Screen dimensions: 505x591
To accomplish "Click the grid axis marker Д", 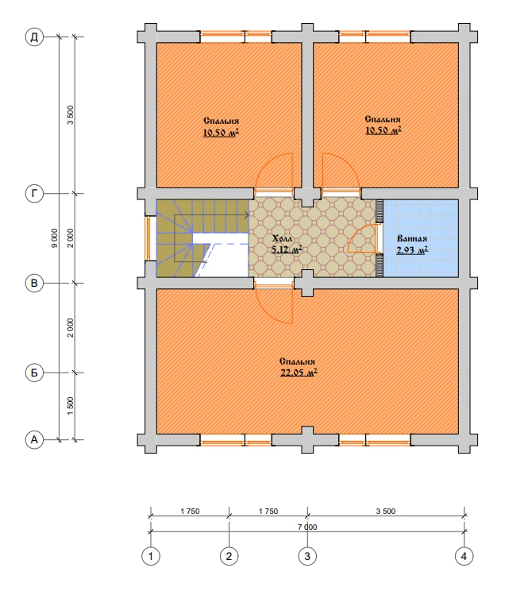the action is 34,37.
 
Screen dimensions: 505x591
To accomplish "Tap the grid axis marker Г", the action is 34,194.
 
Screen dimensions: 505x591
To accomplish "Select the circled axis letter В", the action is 34,283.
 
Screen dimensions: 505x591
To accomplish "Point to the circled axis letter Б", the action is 34,373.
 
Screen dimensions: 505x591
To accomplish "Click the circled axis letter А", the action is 34,439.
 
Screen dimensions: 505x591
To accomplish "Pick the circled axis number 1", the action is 151,556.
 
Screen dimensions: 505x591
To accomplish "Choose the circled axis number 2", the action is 229,556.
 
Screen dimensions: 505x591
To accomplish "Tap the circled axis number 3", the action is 307,556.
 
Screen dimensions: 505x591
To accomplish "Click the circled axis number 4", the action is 464,556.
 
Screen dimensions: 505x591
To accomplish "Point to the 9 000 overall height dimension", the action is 55,238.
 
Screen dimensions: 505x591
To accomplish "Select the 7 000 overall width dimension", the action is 307,527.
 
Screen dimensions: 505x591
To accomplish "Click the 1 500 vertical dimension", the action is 71,406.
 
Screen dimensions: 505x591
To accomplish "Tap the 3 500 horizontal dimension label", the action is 386,512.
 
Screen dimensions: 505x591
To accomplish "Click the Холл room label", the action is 282,239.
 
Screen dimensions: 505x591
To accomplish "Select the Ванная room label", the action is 412,238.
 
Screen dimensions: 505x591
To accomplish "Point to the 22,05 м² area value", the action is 299,373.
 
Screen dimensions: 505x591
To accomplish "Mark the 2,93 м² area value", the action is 412,249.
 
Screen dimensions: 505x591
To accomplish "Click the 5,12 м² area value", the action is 287,249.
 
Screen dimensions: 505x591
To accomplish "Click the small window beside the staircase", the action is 148,238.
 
